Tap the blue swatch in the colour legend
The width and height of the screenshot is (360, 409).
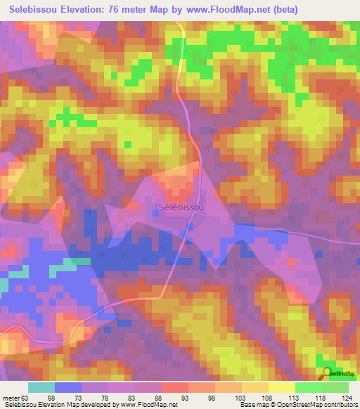67,387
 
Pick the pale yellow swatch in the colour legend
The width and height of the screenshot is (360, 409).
281,387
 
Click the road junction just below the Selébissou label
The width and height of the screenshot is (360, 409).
191,227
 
